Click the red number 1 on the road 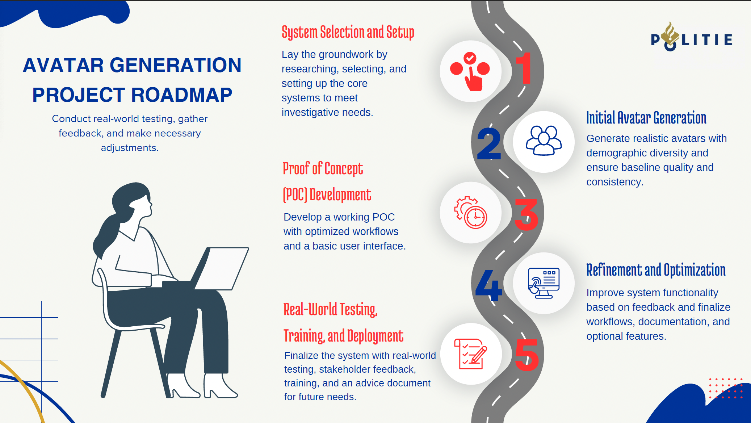[524, 68]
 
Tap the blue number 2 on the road [489, 144]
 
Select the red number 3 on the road [526, 214]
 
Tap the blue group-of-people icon [544, 141]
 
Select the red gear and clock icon [471, 213]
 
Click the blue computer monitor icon [544, 283]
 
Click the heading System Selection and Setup [348, 32]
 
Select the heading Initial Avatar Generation [646, 118]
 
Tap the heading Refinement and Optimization [655, 270]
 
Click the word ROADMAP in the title [181, 95]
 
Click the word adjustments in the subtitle [129, 148]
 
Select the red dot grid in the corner [726, 388]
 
